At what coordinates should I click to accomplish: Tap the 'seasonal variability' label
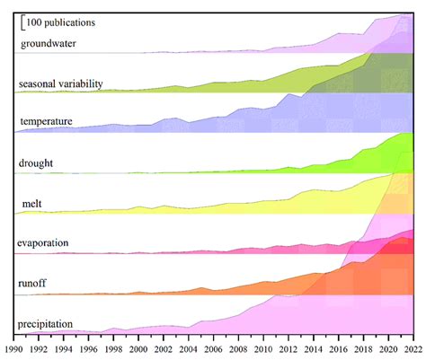pyautogui.click(x=61, y=83)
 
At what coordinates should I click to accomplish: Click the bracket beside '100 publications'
pyautogui.click(x=22, y=22)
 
